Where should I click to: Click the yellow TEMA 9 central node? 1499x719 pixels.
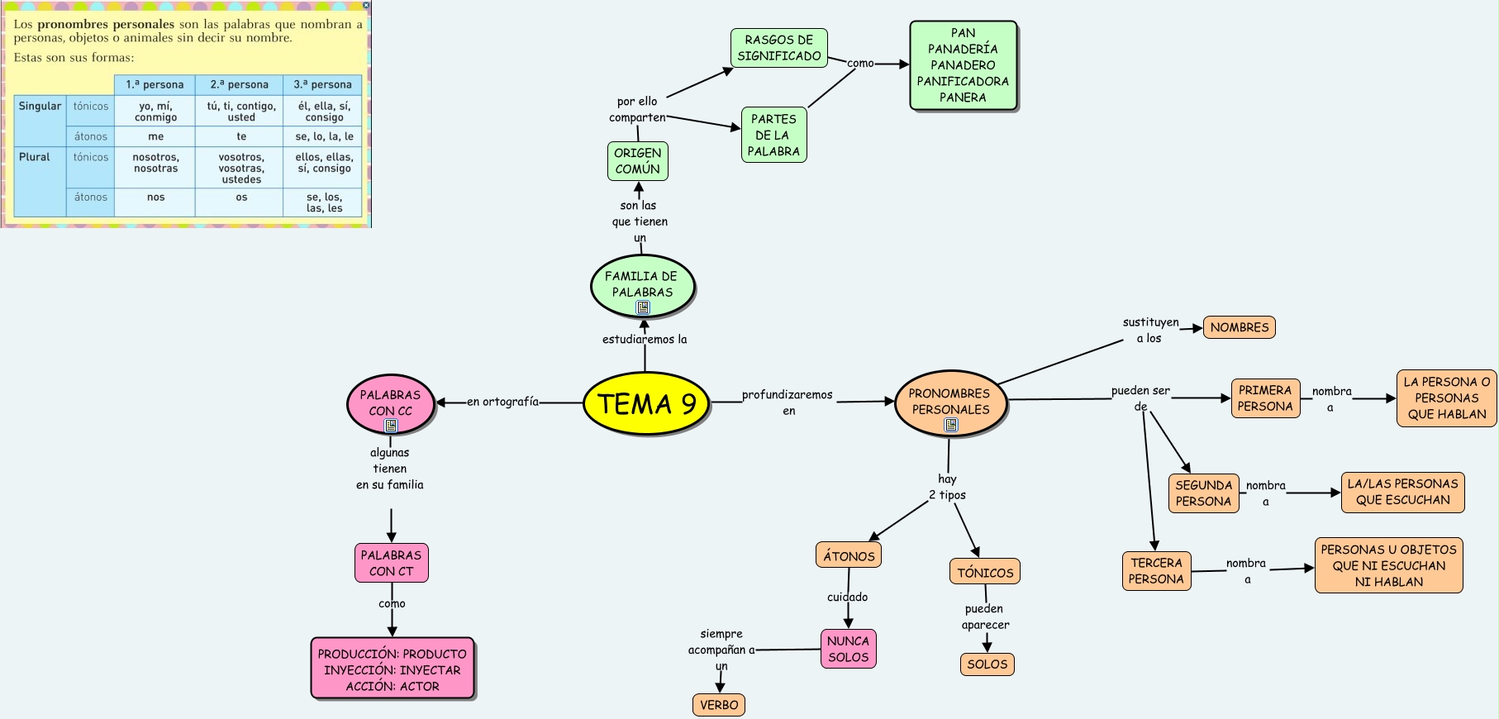(x=646, y=403)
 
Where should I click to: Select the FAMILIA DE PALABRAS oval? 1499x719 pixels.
(x=643, y=286)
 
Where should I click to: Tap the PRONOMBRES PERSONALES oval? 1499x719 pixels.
(x=950, y=402)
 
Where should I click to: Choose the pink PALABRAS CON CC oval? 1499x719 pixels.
(x=390, y=404)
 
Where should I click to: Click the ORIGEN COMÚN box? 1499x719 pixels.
(x=638, y=161)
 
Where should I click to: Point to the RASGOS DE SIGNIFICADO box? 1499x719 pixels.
(x=779, y=48)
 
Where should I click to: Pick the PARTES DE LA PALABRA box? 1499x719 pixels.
(x=774, y=135)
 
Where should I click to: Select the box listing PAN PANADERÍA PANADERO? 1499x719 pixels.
(x=964, y=65)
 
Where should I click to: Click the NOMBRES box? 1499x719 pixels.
(x=1240, y=327)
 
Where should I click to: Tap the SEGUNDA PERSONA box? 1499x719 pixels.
(x=1204, y=493)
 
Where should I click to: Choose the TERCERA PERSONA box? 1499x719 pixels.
(x=1156, y=571)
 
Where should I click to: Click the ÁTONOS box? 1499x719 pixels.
(x=849, y=555)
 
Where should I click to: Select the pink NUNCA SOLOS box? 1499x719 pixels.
(x=849, y=649)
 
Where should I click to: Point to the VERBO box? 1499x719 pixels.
(x=719, y=705)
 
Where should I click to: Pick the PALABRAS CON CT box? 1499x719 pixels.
(x=392, y=563)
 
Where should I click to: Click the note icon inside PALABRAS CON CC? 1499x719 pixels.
(x=391, y=426)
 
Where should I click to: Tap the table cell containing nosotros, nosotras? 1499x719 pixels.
(x=156, y=163)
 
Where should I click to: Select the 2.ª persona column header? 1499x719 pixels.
(x=240, y=84)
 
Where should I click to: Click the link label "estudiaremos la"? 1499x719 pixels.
(x=645, y=339)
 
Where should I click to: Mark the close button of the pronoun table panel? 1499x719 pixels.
(x=366, y=5)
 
